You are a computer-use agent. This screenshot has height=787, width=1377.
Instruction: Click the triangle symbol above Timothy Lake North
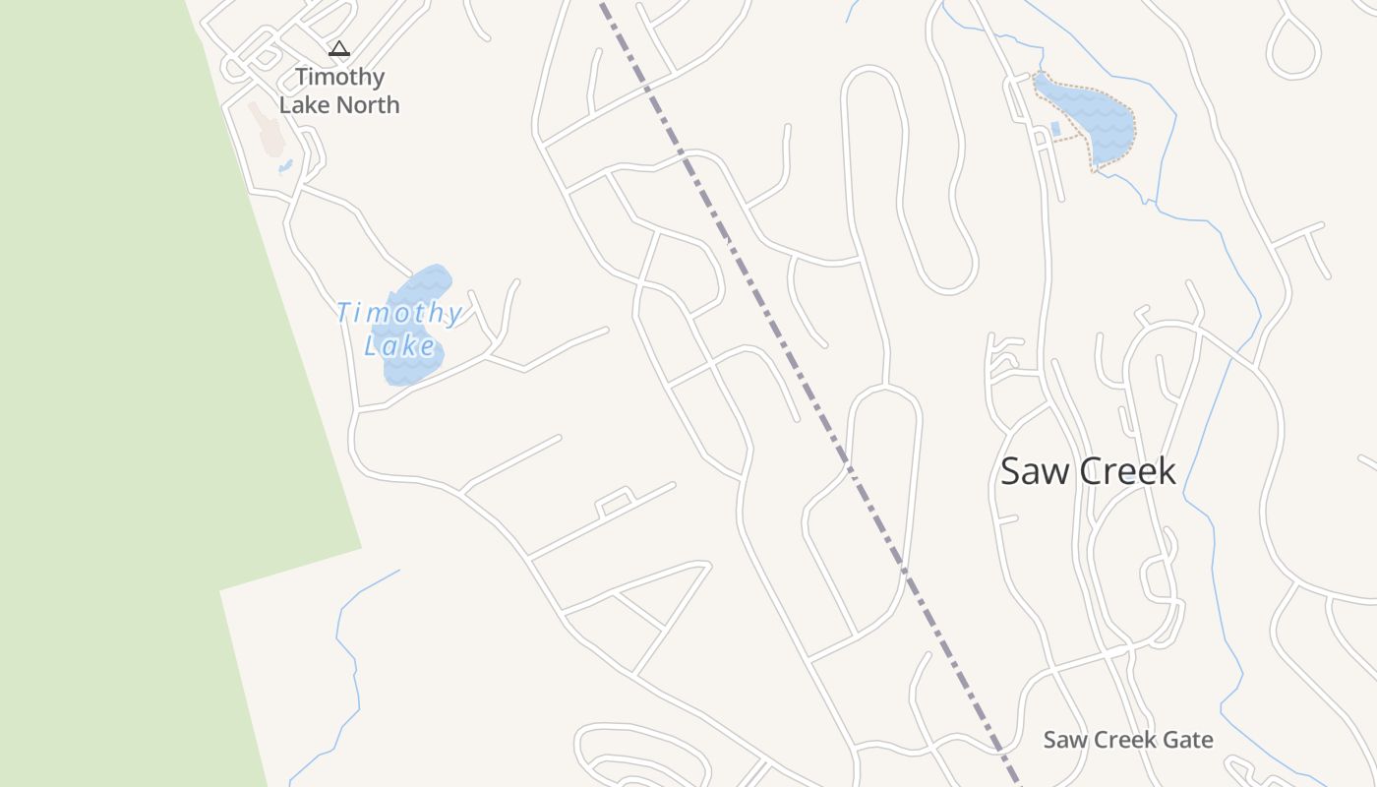tap(339, 48)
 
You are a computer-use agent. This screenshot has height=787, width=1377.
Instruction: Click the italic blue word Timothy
tap(398, 314)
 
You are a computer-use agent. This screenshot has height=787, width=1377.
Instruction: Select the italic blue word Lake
tap(399, 346)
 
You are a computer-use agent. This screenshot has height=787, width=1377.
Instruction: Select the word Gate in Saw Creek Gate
tap(1189, 740)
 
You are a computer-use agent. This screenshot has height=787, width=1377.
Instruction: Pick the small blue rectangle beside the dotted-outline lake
tap(1055, 129)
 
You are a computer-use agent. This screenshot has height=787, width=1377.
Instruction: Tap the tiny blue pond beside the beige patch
tap(285, 166)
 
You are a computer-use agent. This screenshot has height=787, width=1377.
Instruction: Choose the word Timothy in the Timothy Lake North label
tap(339, 77)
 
